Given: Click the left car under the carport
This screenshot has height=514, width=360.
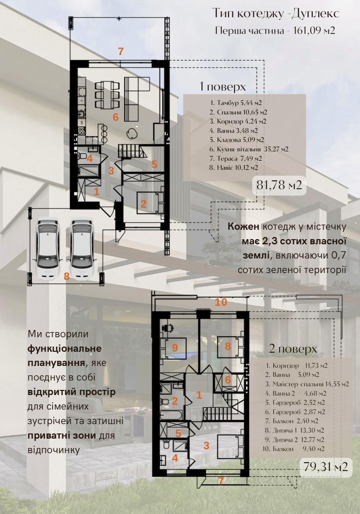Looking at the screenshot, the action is [x=48, y=249].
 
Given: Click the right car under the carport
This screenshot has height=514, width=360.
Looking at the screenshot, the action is [x=82, y=249].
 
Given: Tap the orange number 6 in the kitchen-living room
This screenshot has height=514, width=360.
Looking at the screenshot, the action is [x=115, y=117].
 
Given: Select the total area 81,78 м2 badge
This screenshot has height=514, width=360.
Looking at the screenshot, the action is [x=279, y=185].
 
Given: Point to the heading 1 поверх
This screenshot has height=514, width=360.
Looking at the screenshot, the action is [x=222, y=87].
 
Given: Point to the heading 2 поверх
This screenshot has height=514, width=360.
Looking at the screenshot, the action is [x=293, y=349].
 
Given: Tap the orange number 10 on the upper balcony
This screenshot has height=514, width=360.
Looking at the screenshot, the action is [x=221, y=302].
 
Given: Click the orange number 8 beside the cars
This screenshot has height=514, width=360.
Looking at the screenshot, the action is [x=66, y=277].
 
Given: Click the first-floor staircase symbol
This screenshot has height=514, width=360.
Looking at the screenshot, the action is [x=132, y=151].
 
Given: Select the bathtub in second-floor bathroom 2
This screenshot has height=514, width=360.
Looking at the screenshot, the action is [x=171, y=415].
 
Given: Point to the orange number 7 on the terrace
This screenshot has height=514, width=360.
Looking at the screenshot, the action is [x=121, y=51].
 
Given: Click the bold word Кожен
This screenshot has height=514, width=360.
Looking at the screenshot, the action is [x=243, y=227].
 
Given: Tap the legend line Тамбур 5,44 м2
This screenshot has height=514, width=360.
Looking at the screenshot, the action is [x=236, y=103].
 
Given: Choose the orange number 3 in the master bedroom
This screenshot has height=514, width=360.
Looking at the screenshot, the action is [x=207, y=445].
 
